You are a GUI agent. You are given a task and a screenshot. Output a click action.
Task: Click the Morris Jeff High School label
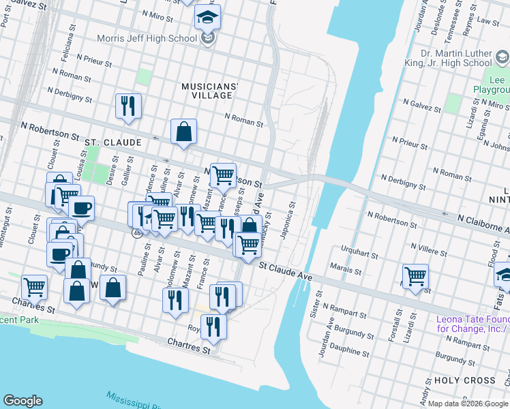point(147,38)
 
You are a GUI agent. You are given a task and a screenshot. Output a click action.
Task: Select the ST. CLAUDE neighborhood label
point(113,142)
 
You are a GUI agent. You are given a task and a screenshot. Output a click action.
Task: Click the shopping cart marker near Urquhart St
point(415,276)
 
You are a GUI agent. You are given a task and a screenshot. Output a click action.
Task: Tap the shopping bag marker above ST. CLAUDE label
point(184,131)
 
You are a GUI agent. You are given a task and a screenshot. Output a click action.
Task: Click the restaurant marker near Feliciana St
point(127,105)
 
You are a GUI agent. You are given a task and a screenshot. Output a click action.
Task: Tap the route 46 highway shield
point(137,232)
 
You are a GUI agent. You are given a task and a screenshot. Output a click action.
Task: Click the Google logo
point(22,401)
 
